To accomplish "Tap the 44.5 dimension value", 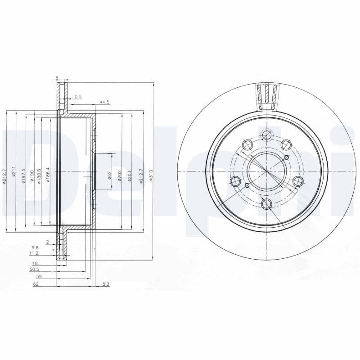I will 104,103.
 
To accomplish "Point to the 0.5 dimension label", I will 78,97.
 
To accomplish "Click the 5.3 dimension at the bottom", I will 106,284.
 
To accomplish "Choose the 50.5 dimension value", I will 34,269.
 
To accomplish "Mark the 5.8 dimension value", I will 35,247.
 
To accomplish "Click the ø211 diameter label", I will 14,172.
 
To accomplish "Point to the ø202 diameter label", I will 120,175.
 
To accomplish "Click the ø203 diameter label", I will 130,175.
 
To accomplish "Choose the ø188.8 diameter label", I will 40,175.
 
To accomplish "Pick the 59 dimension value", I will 39,277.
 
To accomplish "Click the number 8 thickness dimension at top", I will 57,78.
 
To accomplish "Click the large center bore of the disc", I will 267,171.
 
